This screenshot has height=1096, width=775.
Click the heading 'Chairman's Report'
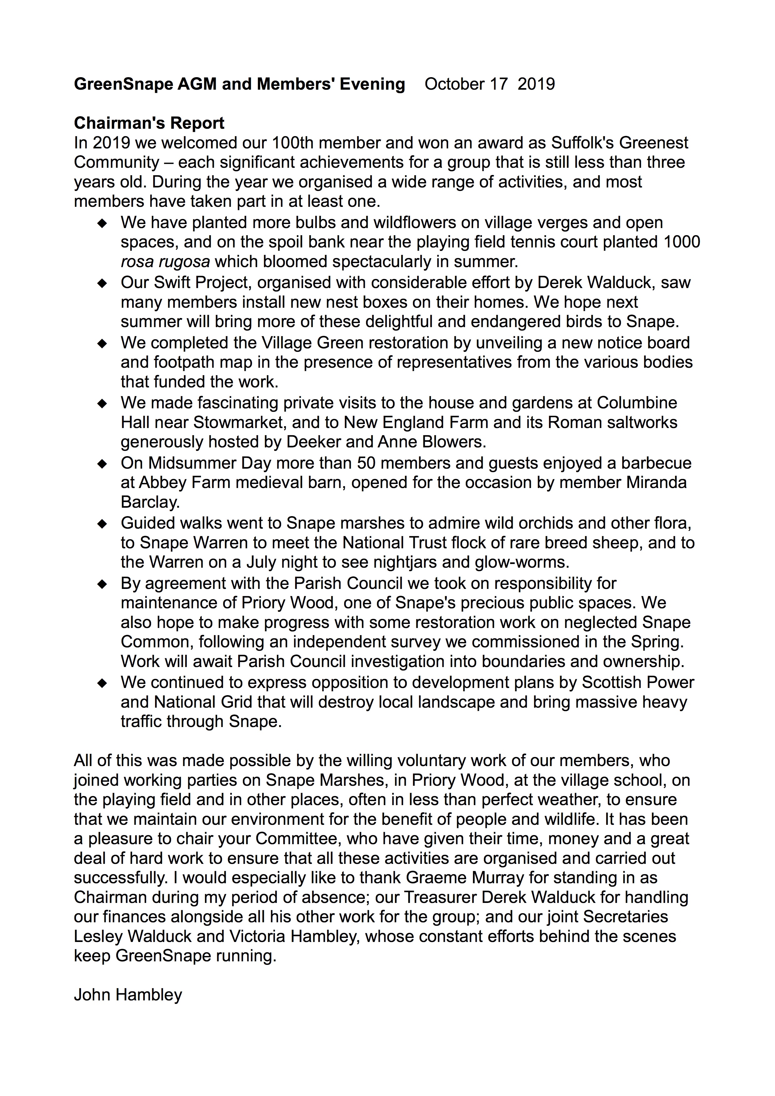(149, 123)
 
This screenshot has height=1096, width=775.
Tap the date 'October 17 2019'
(490, 84)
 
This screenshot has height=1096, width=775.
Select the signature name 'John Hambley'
(128, 995)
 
